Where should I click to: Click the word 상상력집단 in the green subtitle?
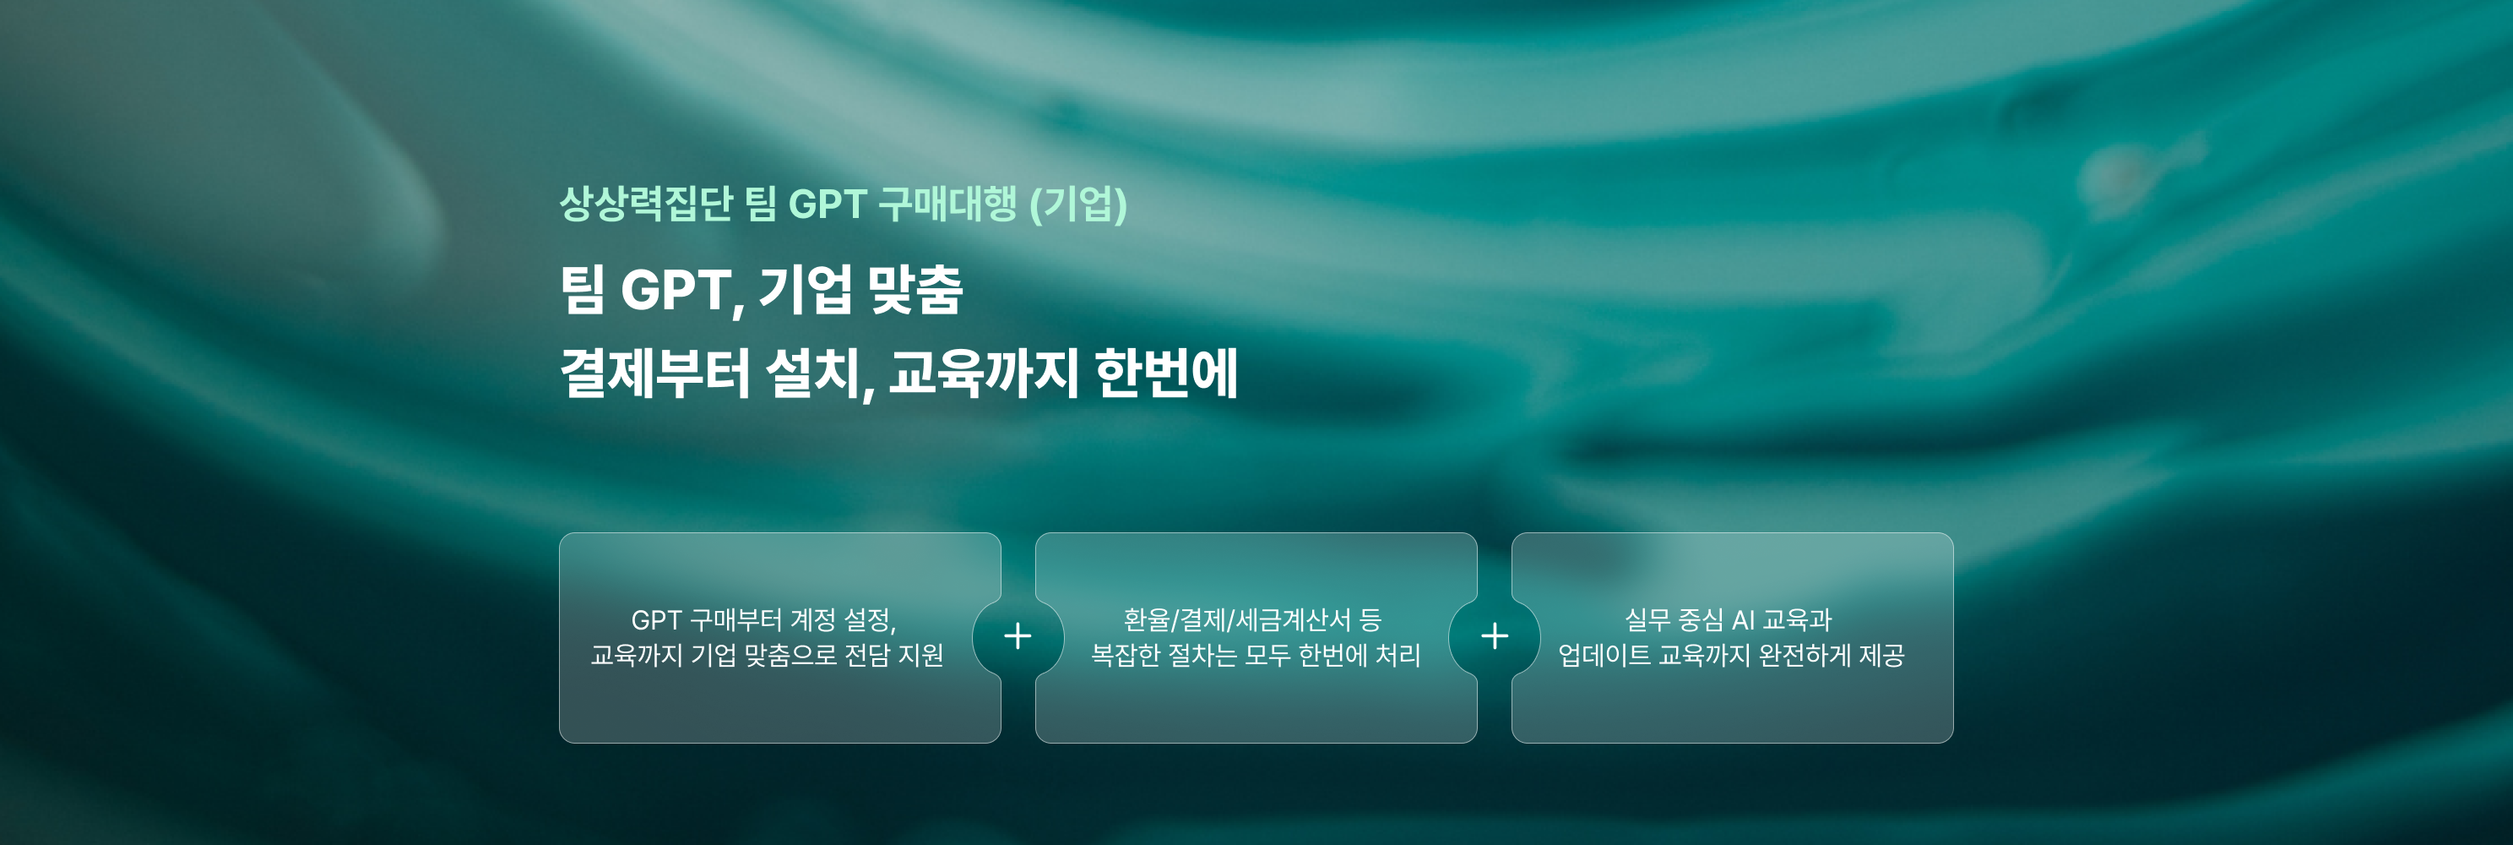pyautogui.click(x=645, y=204)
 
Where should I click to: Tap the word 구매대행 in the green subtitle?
pyautogui.click(x=947, y=204)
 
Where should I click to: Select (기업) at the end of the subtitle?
pyautogui.click(x=1079, y=204)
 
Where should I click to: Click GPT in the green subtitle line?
pyautogui.click(x=828, y=204)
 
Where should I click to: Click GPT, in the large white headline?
pyautogui.click(x=683, y=291)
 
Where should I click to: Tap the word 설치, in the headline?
pyautogui.click(x=819, y=373)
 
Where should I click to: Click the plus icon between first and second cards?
pyautogui.click(x=1018, y=636)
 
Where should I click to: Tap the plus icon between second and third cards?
pyautogui.click(x=1495, y=636)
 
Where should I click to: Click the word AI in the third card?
pyautogui.click(x=1743, y=620)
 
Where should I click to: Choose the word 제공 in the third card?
pyautogui.click(x=1882, y=655)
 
